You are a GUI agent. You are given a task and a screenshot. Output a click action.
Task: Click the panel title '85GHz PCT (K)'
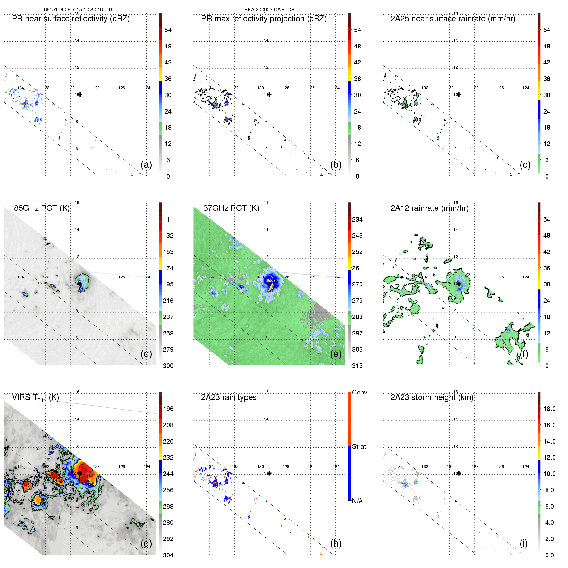point(42,208)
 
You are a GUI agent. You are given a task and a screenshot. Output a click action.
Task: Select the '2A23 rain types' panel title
point(228,397)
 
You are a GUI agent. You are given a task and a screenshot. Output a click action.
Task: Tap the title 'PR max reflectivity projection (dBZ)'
point(264,19)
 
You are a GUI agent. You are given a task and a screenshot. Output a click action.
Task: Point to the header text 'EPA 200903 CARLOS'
point(269,10)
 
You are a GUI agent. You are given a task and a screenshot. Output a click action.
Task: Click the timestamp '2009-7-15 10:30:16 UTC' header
point(87,10)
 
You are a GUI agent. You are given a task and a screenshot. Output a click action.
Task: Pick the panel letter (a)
point(146,165)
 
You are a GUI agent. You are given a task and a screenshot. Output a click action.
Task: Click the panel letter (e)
point(336,354)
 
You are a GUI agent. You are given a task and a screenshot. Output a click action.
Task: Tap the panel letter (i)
point(523,543)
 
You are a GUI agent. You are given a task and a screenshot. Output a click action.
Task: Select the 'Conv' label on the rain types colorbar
point(360,392)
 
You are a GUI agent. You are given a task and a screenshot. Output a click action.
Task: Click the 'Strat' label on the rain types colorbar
point(359,446)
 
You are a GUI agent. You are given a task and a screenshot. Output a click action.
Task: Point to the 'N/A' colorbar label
point(357,501)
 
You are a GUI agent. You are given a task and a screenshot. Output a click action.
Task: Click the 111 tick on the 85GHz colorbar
point(168,219)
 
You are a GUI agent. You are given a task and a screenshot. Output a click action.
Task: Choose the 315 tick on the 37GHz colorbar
point(357,366)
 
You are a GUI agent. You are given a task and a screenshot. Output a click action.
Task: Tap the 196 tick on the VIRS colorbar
point(168,409)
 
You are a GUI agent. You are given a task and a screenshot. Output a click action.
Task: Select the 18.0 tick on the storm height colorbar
point(549,409)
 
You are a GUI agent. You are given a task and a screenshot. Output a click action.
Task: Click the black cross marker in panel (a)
point(80,94)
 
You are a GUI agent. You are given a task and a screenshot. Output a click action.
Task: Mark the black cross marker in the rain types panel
point(269,473)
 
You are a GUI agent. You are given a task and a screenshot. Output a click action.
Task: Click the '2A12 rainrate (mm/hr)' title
point(429,208)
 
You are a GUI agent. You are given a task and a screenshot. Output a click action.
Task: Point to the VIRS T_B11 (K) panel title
point(35,398)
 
